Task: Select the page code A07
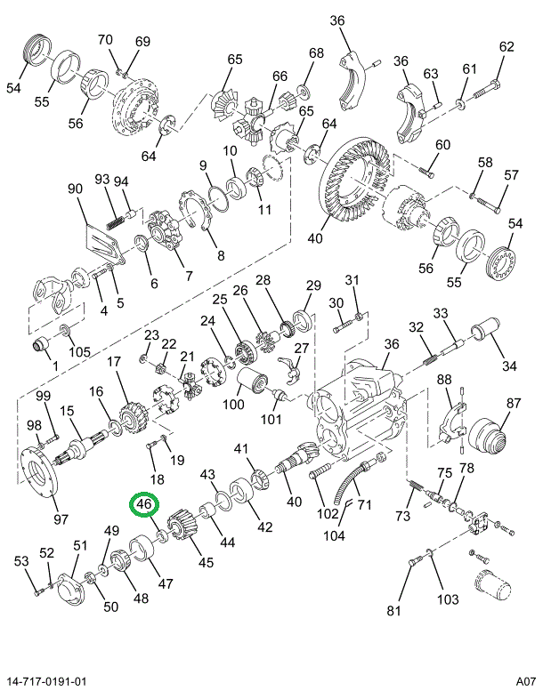coord(525,680)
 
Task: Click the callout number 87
coord(515,402)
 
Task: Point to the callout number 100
coord(233,405)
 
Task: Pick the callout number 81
coord(394,611)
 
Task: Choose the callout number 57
coord(510,174)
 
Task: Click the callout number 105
coord(79,351)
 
